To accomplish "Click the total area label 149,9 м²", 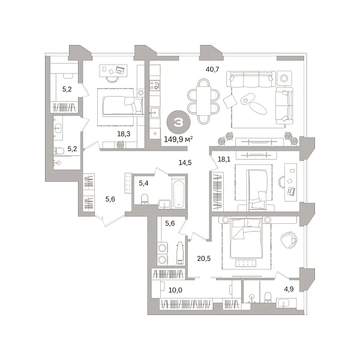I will point(178,142).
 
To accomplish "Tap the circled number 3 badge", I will point(178,123).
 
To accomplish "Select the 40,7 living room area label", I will point(212,69).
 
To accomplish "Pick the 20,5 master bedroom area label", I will point(205,259).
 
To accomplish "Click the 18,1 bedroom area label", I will point(224,160).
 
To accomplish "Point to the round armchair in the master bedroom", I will point(290,238).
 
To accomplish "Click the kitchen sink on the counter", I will point(154,112).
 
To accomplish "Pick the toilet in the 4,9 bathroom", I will point(268,295).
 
